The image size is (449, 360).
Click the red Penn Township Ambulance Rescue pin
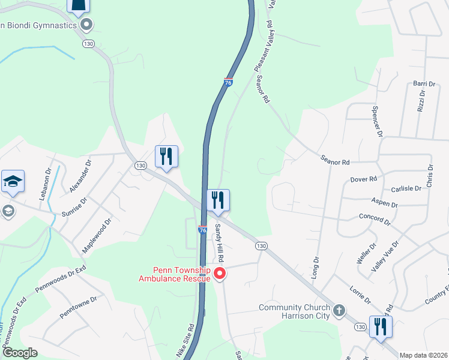[220, 274]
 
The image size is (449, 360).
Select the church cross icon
[339, 310]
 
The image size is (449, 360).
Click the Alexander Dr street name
[80, 176]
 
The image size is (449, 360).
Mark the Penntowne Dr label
[77, 307]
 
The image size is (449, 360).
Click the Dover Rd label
[363, 179]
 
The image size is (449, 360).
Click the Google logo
[20, 353]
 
